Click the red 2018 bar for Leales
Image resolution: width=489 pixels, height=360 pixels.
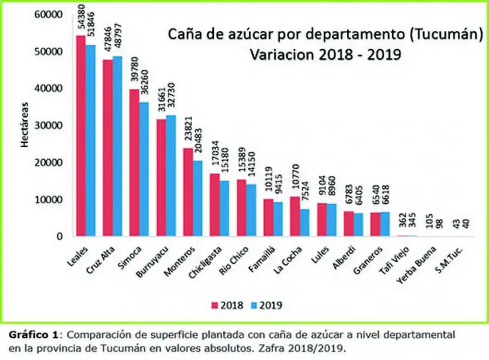point(81,136)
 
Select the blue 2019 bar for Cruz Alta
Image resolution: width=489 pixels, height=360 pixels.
point(117,146)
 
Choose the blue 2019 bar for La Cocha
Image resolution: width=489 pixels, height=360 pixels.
point(304,222)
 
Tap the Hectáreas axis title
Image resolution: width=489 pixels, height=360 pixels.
point(24,126)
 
